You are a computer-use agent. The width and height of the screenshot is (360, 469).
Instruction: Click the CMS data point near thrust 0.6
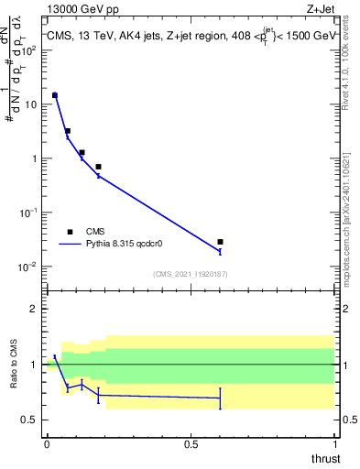click(x=220, y=242)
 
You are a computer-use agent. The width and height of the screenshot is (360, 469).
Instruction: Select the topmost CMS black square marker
click(x=55, y=95)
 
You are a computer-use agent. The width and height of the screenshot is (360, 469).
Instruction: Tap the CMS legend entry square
click(x=70, y=232)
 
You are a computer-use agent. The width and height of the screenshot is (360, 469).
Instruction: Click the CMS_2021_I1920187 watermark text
click(x=191, y=273)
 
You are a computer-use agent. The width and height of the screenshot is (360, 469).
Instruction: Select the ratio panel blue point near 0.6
click(x=220, y=398)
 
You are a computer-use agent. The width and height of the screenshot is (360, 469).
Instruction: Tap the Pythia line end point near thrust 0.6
click(x=220, y=251)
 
